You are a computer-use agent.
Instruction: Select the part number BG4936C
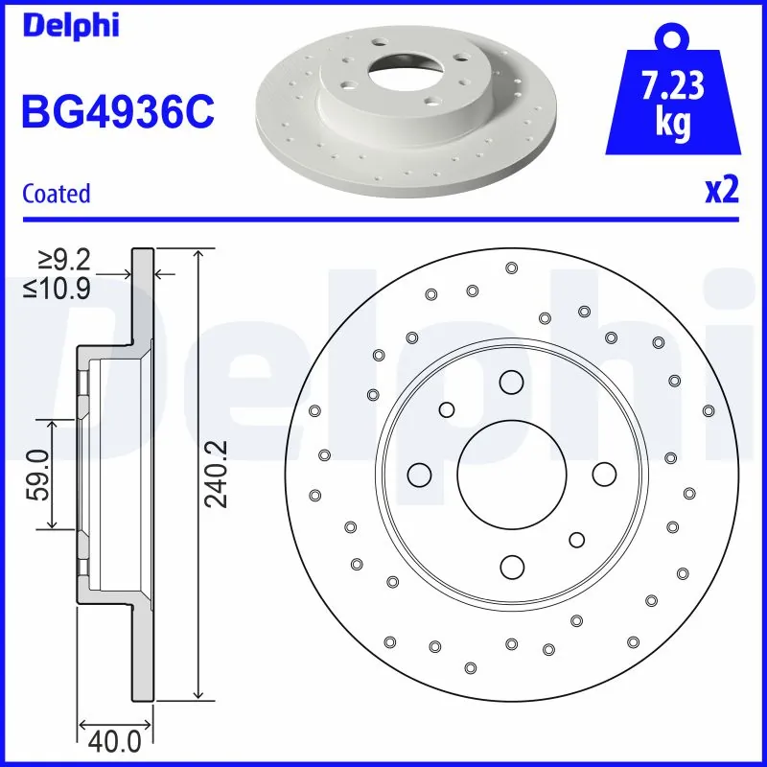(x=117, y=110)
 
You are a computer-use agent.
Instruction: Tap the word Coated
(x=56, y=194)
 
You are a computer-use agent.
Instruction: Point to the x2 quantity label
(x=721, y=191)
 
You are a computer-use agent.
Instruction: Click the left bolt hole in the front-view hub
(x=419, y=474)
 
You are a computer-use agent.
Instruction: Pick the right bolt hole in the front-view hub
(x=603, y=474)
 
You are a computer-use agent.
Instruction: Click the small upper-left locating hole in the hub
(x=447, y=410)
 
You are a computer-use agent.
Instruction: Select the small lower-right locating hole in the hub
(x=576, y=540)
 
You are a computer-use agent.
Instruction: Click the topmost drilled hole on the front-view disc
(x=511, y=267)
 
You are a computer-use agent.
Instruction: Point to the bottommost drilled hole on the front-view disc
(x=470, y=667)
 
